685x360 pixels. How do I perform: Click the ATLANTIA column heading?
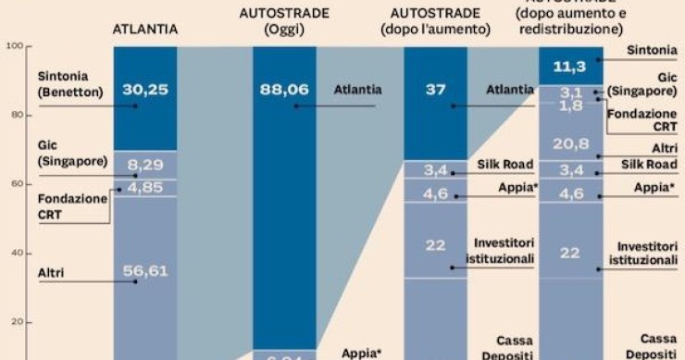144,30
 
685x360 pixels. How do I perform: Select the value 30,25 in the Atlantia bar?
144,90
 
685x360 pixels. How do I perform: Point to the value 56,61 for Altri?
144,271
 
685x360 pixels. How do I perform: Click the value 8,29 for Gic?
144,164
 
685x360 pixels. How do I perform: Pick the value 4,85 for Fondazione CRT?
144,187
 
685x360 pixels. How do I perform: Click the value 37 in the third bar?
435,90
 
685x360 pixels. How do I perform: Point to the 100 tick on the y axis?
14,45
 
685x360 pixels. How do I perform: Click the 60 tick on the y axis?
14,183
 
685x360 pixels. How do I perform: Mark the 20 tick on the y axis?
14,322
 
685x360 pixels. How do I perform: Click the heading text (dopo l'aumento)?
434,30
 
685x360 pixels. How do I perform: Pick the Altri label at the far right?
664,148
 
